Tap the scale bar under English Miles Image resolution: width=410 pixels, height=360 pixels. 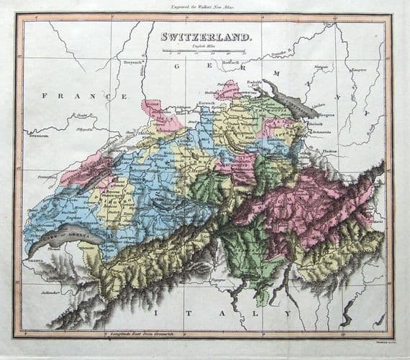(x=204, y=51)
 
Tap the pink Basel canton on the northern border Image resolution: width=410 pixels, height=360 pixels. (x=160, y=115)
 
